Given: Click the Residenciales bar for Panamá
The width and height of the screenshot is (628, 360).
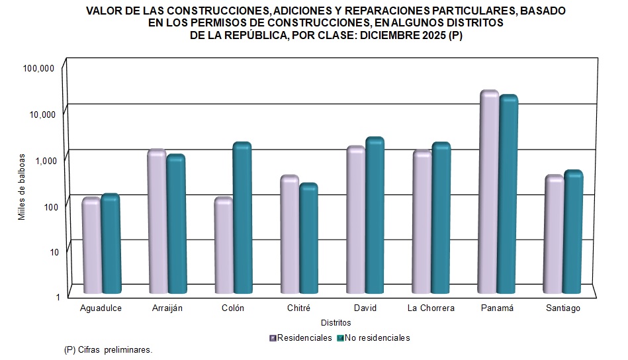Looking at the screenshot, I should (489, 192).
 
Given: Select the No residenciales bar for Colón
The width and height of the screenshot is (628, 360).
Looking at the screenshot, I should (242, 218).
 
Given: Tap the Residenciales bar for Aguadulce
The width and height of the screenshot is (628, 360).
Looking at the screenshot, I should (91, 246).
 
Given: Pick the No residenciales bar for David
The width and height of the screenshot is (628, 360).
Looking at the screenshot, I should (375, 215).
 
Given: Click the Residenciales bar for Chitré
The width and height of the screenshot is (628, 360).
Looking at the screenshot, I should (289, 234).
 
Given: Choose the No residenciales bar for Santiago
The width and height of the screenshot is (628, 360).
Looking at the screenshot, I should (573, 232).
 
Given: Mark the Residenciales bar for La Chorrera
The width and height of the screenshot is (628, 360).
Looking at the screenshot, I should (422, 222).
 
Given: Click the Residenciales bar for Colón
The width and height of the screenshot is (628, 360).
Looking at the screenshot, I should (223, 246).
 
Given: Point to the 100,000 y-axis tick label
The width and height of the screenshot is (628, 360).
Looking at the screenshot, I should (38, 68).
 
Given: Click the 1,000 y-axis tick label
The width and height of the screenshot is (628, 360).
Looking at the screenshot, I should (44, 160).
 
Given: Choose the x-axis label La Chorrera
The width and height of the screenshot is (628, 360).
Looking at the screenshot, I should (431, 308).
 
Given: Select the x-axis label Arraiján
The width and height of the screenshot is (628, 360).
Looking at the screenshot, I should (167, 308).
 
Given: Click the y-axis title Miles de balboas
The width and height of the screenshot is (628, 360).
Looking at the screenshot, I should (22, 187).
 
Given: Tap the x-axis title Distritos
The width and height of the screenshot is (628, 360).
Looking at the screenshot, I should (336, 323).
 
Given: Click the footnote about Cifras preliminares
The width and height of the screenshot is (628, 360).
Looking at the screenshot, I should (108, 349).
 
